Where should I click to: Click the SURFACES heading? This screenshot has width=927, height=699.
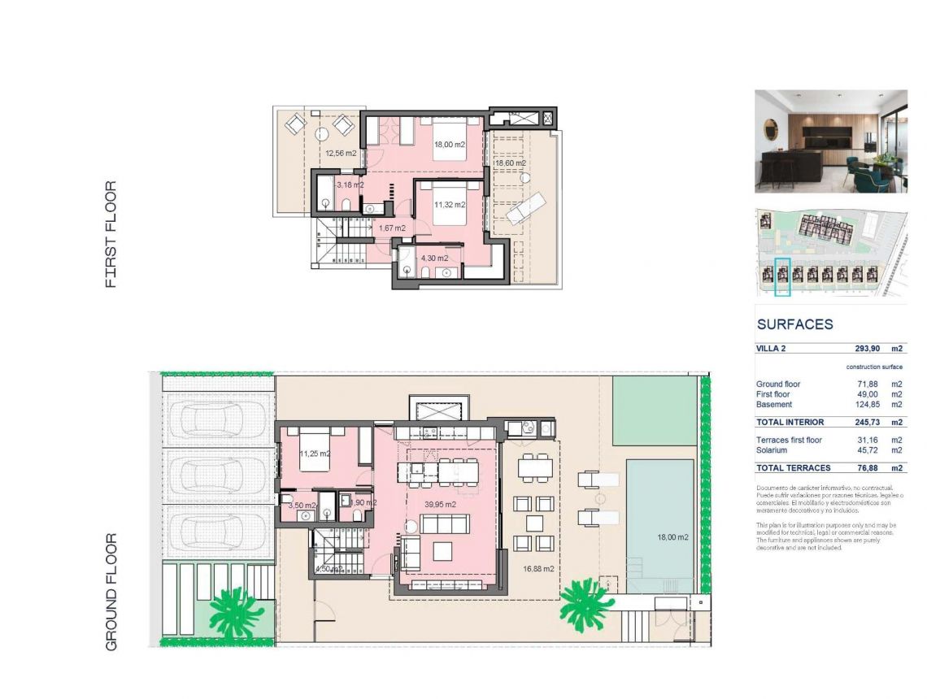coord(794,324)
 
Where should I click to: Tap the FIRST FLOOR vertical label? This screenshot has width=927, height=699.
coord(111,234)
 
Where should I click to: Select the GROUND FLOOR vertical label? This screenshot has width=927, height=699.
coord(111,591)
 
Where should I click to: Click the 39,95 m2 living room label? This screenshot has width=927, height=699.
coord(440,505)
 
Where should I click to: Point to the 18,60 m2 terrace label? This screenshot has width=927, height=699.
coord(510,163)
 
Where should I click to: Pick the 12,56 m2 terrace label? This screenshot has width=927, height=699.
coord(341,153)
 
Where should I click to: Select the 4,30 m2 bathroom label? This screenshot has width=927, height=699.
coord(434,258)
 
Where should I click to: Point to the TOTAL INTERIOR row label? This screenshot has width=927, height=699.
coord(790,423)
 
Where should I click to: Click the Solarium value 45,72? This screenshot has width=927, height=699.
coord(863,450)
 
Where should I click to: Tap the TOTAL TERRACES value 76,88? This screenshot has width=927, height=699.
coord(863,468)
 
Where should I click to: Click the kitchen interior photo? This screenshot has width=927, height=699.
coord(830,141)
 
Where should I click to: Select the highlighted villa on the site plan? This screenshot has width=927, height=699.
coord(782,276)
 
